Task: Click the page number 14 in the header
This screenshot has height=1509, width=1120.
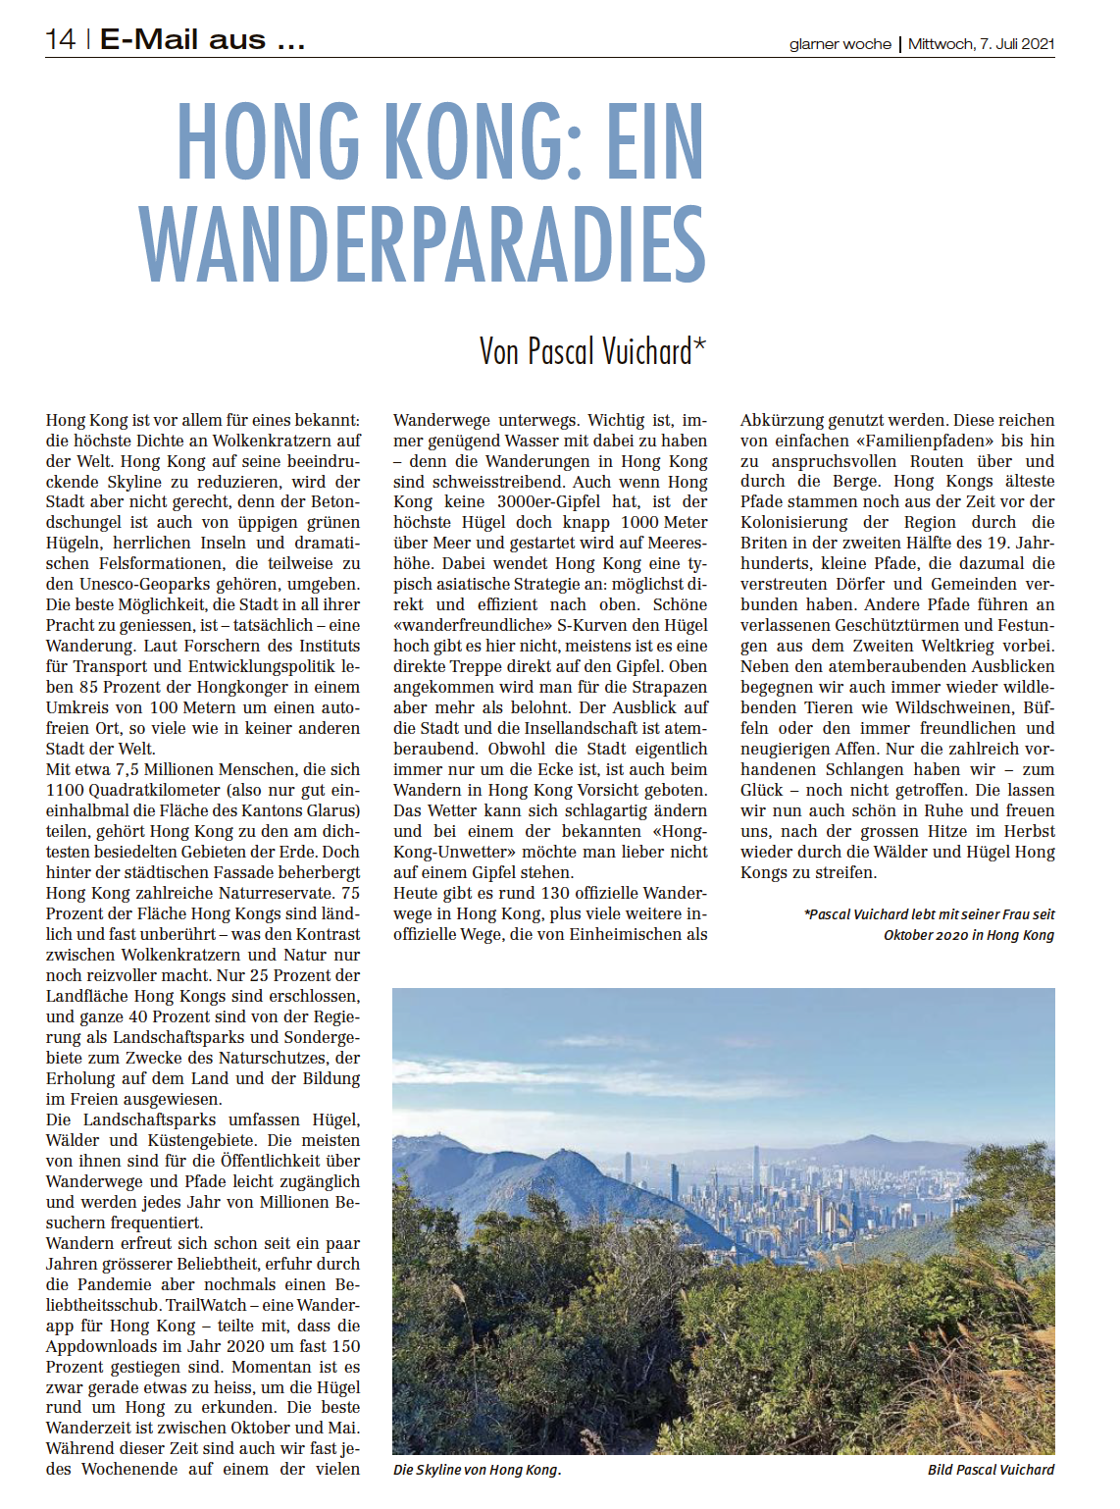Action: pos(60,39)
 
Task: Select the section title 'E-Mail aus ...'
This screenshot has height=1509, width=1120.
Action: pos(202,39)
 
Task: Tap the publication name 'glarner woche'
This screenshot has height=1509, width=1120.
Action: pos(840,44)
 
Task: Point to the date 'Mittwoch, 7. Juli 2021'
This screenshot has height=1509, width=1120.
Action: pos(981,44)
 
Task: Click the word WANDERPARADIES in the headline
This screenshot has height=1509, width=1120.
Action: pos(423,244)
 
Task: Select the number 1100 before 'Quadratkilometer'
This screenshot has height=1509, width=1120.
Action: pos(66,791)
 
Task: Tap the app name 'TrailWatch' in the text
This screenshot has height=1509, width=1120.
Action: pos(206,1306)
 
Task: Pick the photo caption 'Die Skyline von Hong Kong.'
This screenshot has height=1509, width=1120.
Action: pos(477,1470)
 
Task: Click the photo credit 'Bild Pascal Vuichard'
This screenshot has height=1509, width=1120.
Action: pos(991,1470)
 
